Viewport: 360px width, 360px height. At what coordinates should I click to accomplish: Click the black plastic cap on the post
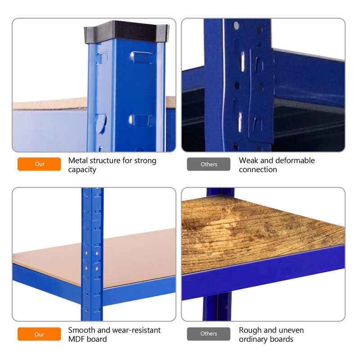pos(126,31)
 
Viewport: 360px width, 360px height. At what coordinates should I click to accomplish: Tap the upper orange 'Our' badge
pos(39,164)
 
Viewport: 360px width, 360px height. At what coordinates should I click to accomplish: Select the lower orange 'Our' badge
pos(39,334)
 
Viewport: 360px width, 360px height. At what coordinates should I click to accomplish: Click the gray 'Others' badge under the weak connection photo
pos(209,164)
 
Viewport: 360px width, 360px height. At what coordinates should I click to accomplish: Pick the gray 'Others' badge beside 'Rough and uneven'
pos(209,334)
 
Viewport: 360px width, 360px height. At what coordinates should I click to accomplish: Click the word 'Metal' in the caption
pos(78,160)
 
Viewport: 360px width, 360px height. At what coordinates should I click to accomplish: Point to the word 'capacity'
pos(82,170)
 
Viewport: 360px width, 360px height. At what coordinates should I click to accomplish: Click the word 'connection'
pos(258,170)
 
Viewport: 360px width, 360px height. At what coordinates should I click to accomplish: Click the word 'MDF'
pos(76,339)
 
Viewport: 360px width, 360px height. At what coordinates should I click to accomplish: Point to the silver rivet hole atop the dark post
pos(236,26)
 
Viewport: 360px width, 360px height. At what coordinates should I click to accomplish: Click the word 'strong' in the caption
pos(145,161)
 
